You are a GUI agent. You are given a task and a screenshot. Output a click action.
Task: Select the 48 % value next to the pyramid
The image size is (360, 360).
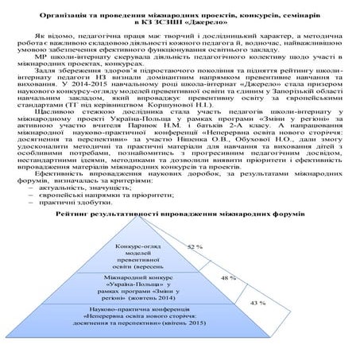(x=229, y=278)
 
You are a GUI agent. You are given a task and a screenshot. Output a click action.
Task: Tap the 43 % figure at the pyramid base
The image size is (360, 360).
(x=257, y=304)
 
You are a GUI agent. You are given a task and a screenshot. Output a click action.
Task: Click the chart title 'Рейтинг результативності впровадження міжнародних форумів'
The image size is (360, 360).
(x=180, y=215)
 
